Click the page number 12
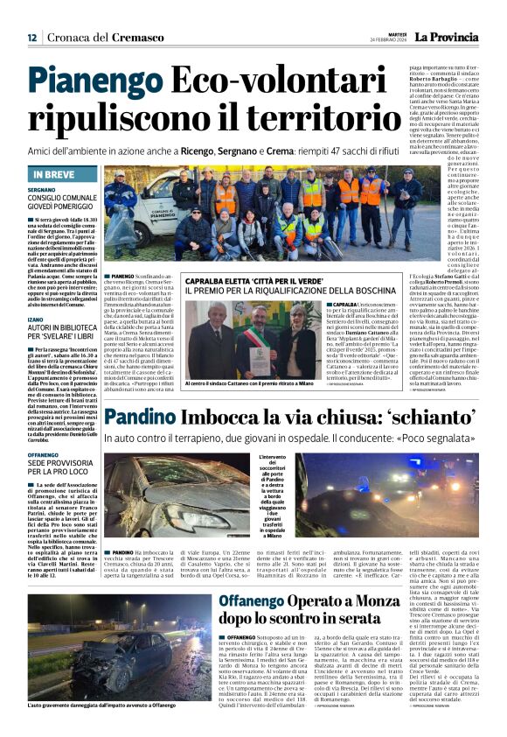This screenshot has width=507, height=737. coord(32,38)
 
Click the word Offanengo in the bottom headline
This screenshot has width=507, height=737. coord(267,602)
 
